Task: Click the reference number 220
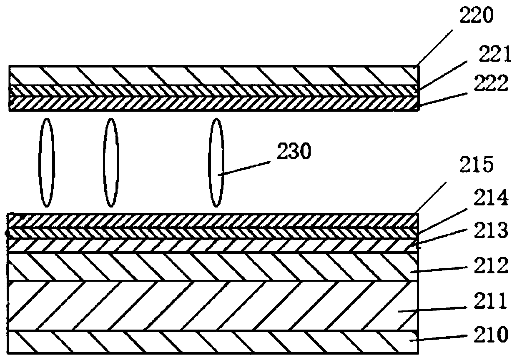(476, 16)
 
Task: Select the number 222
(494, 84)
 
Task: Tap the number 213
(493, 230)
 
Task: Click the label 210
(493, 334)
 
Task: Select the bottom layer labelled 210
(208, 342)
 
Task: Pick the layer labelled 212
(208, 266)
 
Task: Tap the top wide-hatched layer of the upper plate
(208, 75)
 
